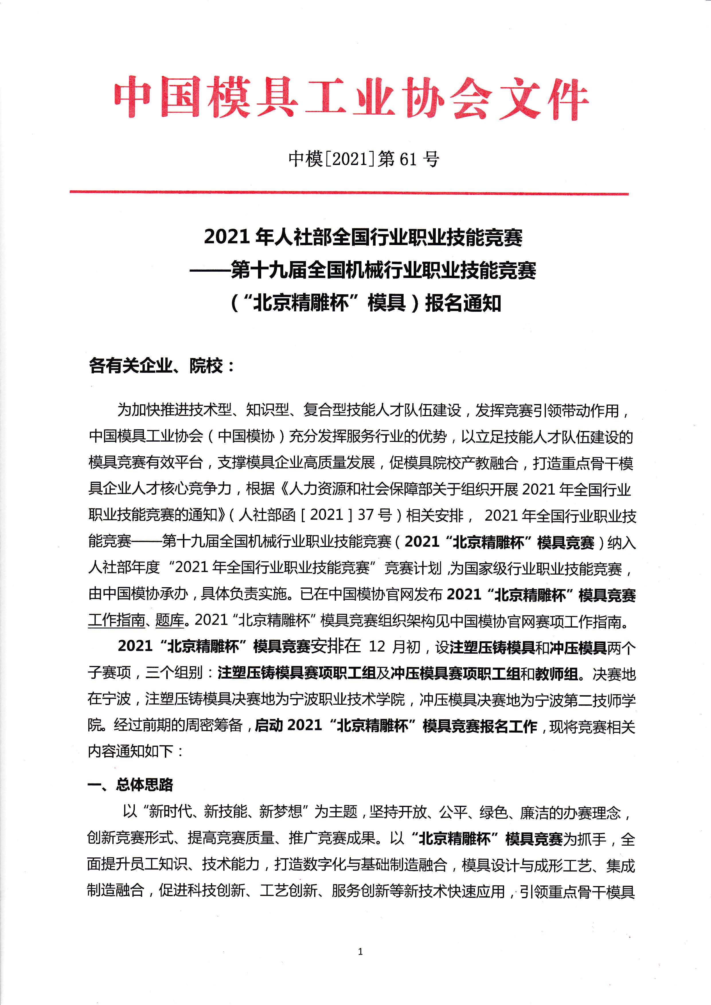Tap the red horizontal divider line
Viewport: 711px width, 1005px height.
coord(349,193)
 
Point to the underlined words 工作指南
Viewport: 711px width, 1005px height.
coord(116,620)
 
